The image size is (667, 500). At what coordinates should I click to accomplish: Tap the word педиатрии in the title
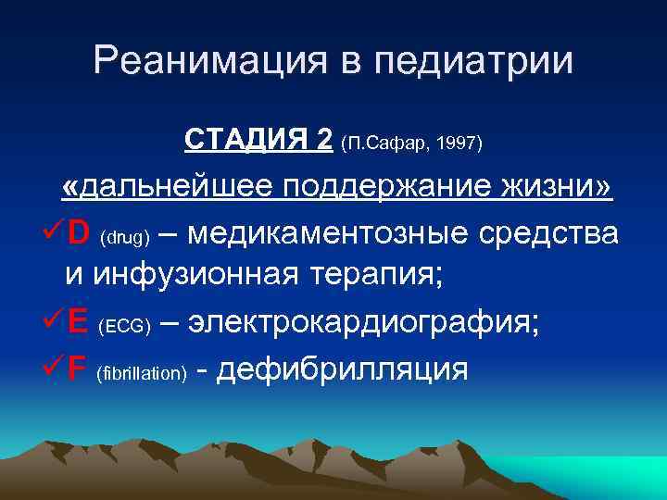coord(491,61)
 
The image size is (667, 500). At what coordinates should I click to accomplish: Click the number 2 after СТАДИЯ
coord(323,141)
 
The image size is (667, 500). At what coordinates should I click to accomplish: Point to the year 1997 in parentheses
coord(453,144)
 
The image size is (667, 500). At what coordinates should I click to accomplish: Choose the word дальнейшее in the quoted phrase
coord(176,188)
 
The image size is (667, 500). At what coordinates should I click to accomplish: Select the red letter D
coord(79,233)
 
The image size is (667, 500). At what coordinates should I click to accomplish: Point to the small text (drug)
coord(124,237)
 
